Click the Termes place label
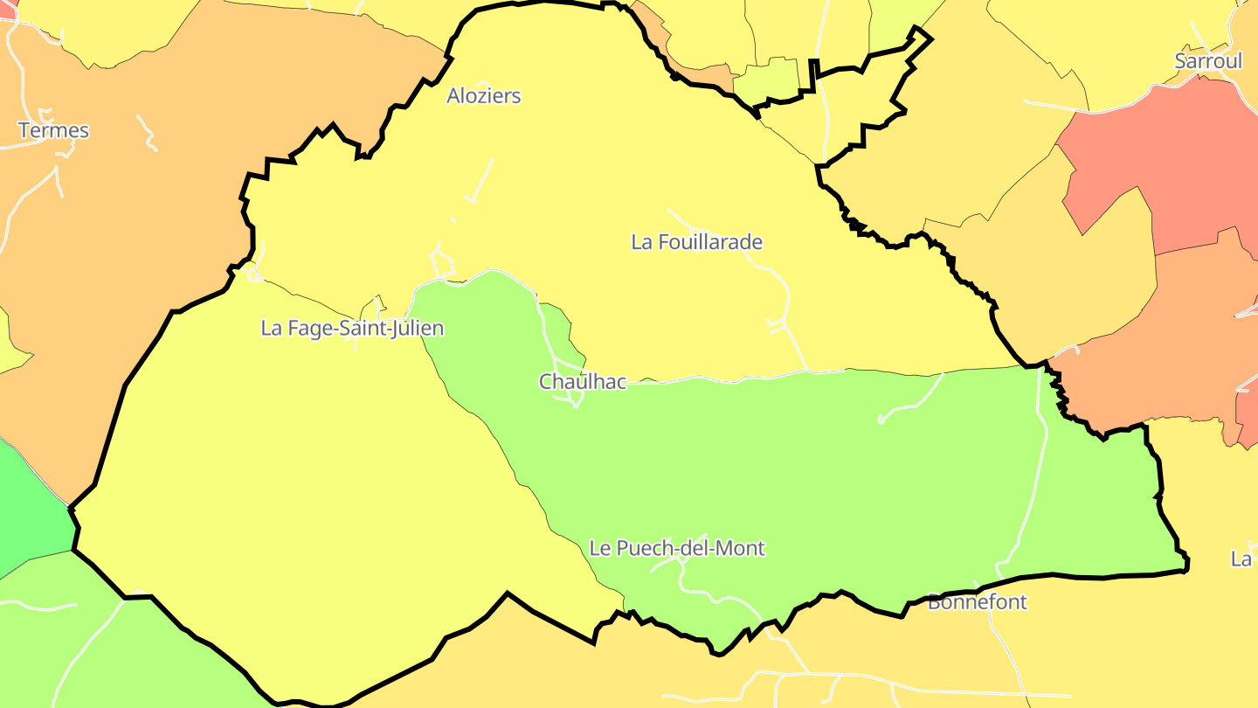(x=53, y=131)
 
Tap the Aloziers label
(x=483, y=96)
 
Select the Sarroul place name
(x=1208, y=61)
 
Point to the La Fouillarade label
(x=696, y=242)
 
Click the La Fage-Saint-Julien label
(x=352, y=329)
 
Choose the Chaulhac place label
(x=582, y=382)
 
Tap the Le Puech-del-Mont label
(x=677, y=549)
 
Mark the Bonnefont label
(x=977, y=602)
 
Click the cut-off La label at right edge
(x=1242, y=559)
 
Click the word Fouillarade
(x=711, y=242)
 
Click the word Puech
(x=644, y=549)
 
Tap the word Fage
(x=306, y=329)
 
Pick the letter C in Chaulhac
(x=546, y=382)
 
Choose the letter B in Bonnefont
(x=934, y=602)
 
